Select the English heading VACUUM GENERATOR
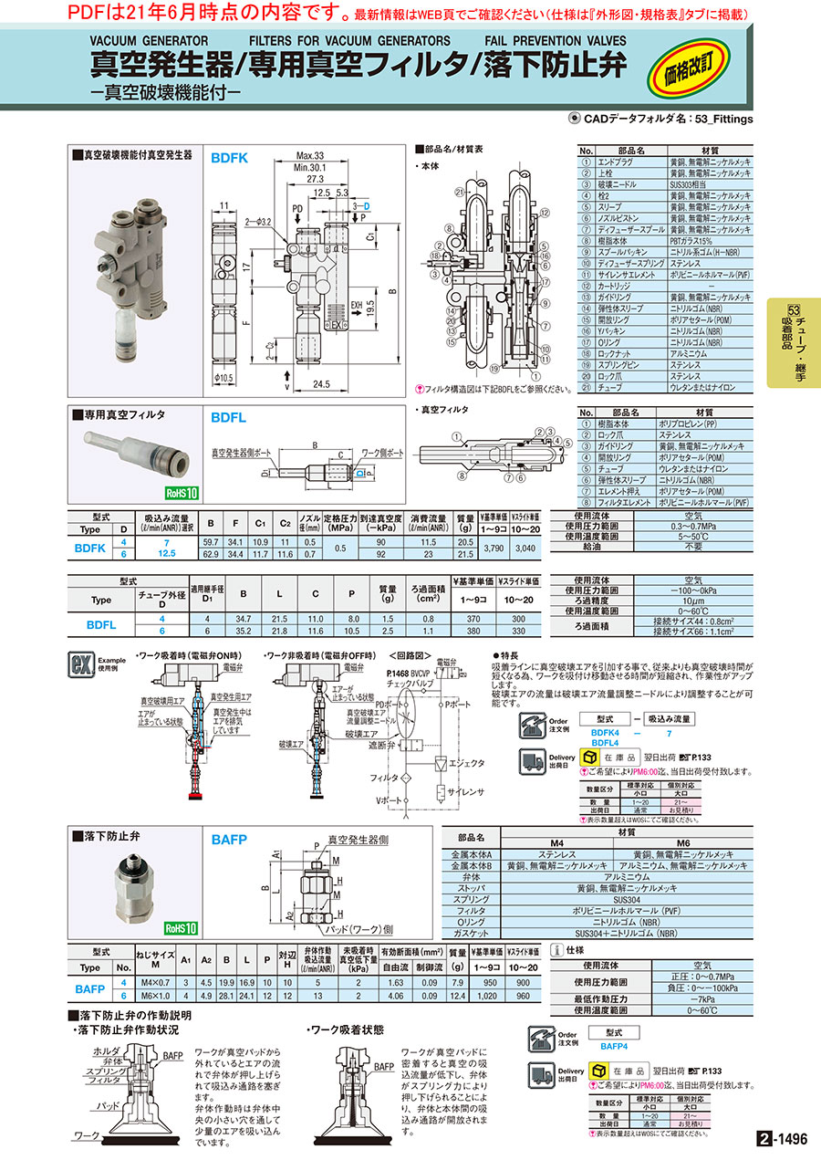tap(150, 41)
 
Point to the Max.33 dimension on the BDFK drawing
tap(311, 155)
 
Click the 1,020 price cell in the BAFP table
tap(494, 996)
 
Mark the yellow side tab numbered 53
tap(793, 342)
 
